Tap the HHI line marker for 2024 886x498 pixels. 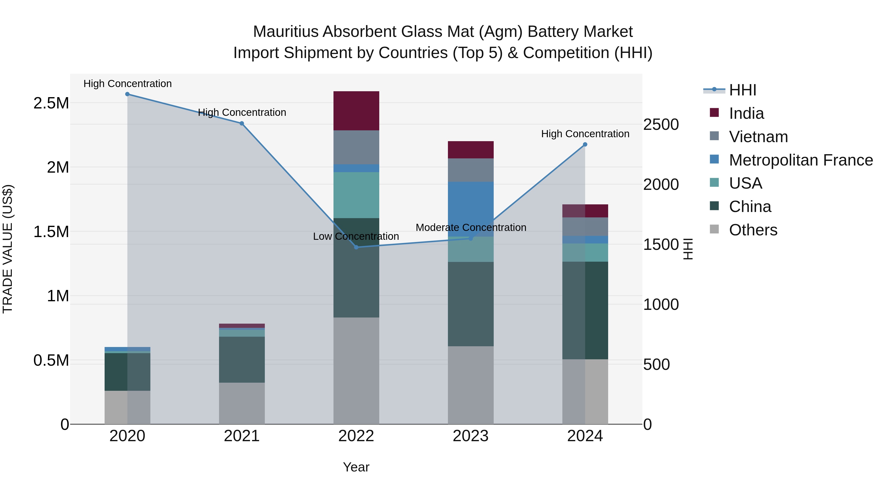585,144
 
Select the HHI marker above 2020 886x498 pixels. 127,94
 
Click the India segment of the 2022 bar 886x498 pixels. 356,111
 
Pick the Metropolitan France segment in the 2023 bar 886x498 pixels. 471,209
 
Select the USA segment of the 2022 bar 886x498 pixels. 356,195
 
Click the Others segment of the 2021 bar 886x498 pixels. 242,403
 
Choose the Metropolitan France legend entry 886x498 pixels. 801,160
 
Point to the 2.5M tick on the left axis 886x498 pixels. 51,103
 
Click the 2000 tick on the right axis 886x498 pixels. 661,184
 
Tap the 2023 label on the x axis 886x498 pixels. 471,436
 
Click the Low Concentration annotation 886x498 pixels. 356,236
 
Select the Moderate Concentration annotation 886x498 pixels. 471,227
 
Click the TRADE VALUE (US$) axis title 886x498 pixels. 8,249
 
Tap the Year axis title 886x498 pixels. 356,467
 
